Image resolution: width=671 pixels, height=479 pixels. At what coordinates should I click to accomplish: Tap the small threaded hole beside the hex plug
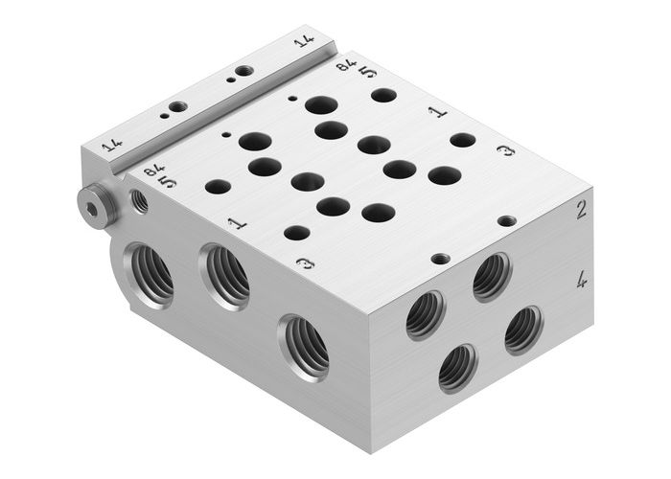point(139,200)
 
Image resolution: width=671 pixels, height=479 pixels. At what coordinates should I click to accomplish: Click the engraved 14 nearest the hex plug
point(112,146)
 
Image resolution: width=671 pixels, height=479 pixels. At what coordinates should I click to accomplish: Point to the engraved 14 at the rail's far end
point(304,41)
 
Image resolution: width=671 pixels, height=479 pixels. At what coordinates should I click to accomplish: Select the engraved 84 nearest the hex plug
point(153,170)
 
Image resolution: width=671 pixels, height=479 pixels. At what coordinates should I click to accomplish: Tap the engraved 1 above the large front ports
point(237,223)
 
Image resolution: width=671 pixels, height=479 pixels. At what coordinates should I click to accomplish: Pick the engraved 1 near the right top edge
point(437,112)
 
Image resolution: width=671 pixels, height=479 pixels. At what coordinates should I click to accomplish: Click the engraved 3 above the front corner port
point(305,263)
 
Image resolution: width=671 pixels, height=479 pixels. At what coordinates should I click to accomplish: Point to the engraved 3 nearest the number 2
point(505,150)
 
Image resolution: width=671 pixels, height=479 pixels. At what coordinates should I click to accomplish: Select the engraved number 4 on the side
point(582,281)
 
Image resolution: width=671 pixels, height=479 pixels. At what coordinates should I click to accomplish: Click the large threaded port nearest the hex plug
point(151,274)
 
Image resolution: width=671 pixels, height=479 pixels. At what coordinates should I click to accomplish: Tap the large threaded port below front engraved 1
point(225,278)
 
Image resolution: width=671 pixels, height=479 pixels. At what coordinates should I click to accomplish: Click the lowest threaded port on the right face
point(457,368)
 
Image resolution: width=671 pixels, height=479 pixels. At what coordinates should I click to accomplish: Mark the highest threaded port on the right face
point(491,277)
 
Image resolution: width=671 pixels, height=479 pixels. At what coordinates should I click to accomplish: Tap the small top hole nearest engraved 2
point(506,220)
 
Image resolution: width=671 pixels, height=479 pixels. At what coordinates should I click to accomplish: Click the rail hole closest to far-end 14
point(244,71)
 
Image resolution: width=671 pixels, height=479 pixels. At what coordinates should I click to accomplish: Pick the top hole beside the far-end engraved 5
point(383,95)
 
